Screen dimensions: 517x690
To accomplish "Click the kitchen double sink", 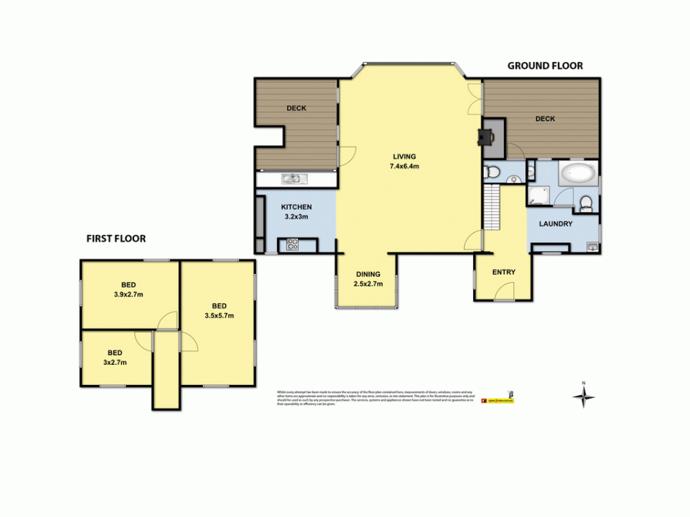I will pos(293,178).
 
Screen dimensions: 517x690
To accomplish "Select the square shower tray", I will pos(538,194).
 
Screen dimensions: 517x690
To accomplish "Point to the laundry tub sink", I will pos(591,247).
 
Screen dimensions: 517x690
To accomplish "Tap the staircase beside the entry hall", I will pos(491,208).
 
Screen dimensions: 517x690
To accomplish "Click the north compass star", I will pos(585,396).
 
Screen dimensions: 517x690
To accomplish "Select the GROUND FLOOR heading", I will pos(545,66).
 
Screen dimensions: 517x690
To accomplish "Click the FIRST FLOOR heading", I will pos(116,239).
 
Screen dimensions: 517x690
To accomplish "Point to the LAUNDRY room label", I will pos(556,224).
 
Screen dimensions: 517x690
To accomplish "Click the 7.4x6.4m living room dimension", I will pos(404,166).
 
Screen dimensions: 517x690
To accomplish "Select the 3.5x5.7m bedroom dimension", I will pos(219,315).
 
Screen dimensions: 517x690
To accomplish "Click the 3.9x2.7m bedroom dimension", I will pos(130,294).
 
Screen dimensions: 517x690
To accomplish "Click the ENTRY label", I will pos(503,272).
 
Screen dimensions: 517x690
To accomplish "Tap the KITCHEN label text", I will pos(296,207).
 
